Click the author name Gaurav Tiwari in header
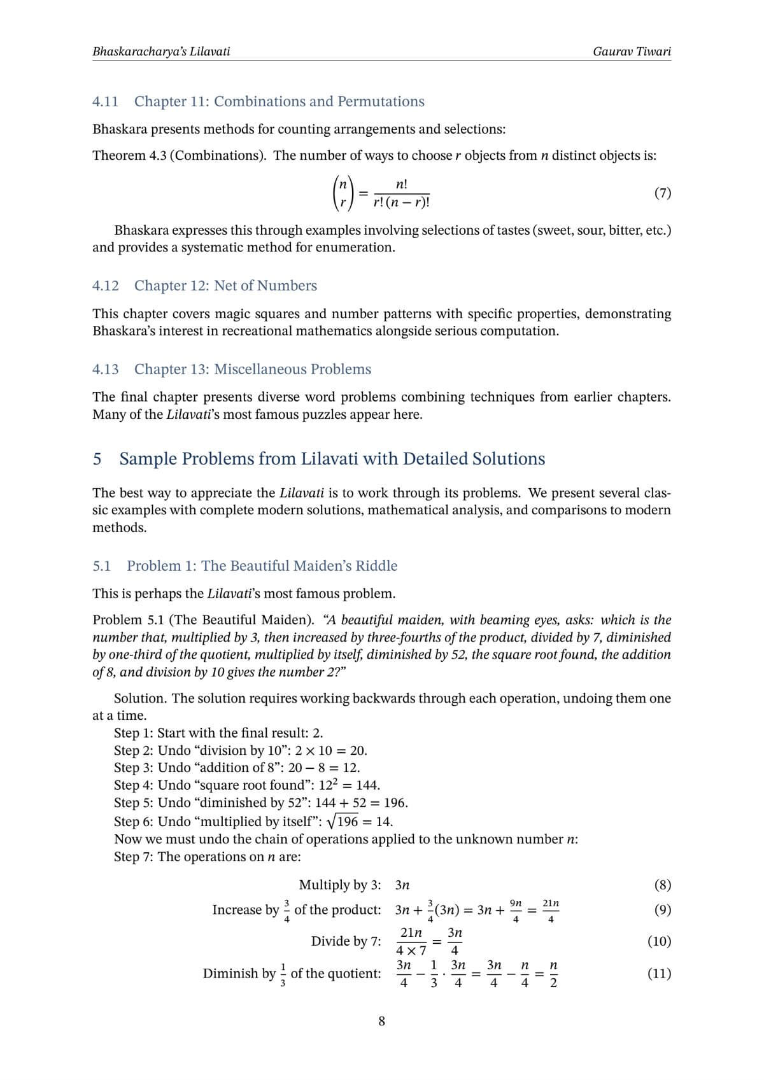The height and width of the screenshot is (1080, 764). click(x=631, y=52)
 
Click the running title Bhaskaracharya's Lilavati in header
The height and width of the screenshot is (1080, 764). click(x=161, y=52)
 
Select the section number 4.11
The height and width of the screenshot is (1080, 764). click(x=105, y=101)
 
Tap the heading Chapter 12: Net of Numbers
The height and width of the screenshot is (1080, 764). click(x=225, y=285)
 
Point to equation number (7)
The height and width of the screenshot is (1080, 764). click(x=662, y=193)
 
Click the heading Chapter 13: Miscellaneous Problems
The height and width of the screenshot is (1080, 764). click(x=252, y=369)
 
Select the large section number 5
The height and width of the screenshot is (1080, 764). click(x=97, y=459)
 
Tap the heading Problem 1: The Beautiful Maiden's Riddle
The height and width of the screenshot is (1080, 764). click(x=262, y=566)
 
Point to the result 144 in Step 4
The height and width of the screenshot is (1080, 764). click(x=367, y=785)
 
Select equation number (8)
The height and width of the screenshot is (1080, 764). click(x=662, y=885)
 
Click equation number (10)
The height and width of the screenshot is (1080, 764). click(x=659, y=941)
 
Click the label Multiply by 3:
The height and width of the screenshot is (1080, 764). click(x=340, y=885)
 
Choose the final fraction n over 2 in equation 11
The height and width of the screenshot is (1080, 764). click(x=553, y=974)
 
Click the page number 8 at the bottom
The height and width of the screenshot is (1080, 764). click(x=381, y=1021)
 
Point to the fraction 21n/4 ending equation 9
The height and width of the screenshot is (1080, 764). click(x=551, y=910)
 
